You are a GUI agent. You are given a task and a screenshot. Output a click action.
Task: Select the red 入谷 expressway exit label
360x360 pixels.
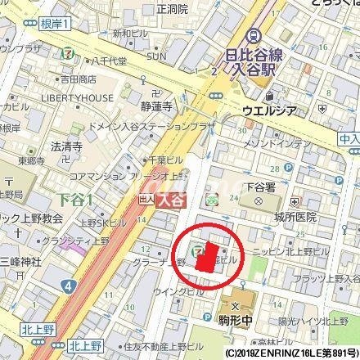[x=169, y=199]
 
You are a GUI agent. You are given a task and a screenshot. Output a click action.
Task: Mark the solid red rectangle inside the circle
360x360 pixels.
[x=207, y=259]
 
